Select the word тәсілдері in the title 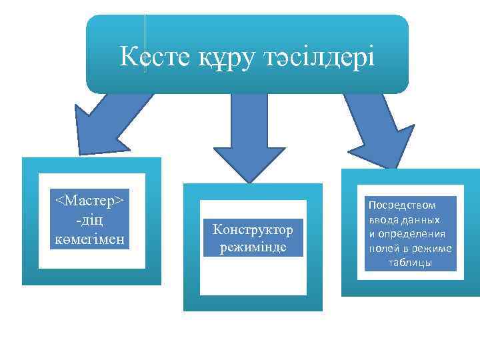coord(320,57)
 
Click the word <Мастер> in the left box coord(89,201)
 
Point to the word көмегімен coord(89,238)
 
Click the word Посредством coord(401,205)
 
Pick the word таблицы coord(411,263)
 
